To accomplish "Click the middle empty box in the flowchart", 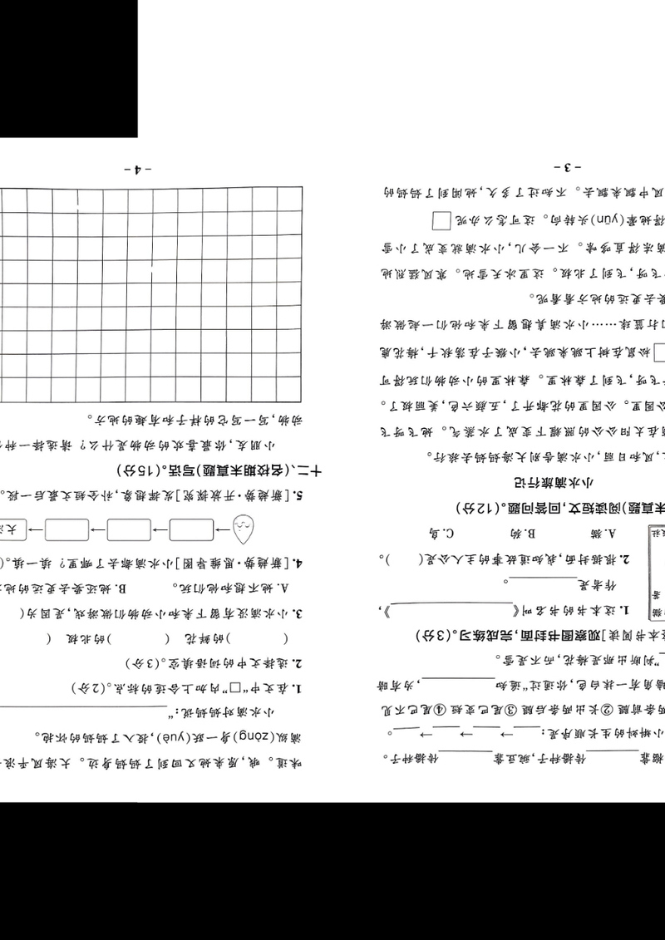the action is (x=130, y=528).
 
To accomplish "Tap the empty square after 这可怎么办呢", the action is (x=441, y=222).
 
